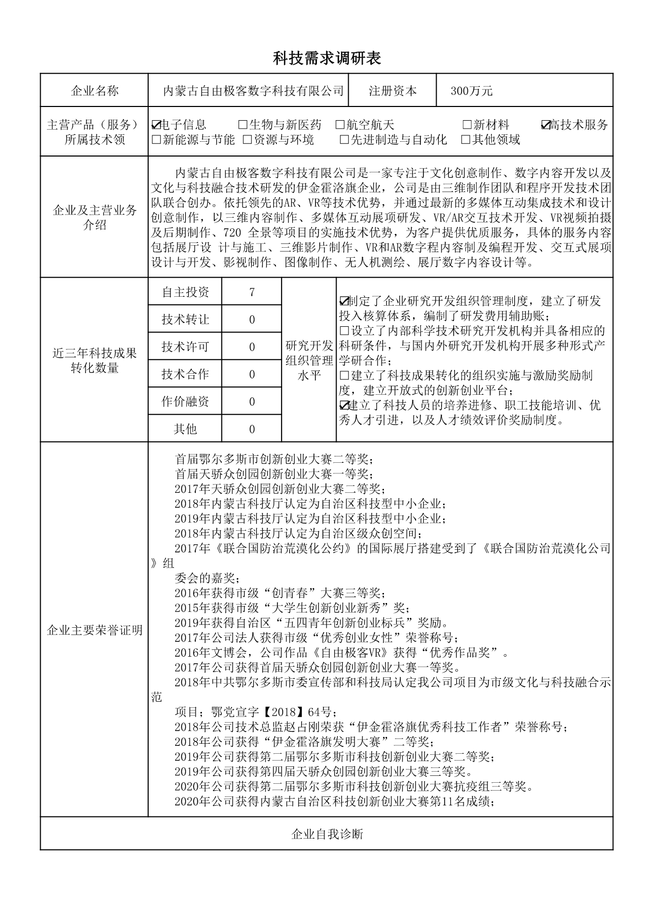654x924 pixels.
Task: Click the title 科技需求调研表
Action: (326, 58)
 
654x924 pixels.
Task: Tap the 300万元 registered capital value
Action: (471, 91)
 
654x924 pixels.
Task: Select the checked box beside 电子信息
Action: (156, 125)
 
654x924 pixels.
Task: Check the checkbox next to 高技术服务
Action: (546, 125)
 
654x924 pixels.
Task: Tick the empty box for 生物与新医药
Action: (243, 125)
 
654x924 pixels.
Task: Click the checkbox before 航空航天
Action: (340, 125)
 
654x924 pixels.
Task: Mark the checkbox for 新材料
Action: (467, 125)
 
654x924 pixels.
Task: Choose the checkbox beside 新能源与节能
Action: (156, 140)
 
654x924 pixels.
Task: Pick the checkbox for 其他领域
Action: (466, 140)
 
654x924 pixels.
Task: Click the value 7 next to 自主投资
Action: (252, 292)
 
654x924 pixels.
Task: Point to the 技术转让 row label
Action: (185, 319)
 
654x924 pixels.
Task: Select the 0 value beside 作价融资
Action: (252, 402)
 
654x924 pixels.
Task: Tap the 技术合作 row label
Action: (185, 374)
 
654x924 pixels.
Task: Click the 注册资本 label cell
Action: (392, 91)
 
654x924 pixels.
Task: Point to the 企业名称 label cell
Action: (95, 91)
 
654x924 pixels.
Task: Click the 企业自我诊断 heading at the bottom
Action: (327, 834)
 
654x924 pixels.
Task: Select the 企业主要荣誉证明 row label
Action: (95, 630)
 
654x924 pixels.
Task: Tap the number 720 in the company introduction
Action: (232, 233)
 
